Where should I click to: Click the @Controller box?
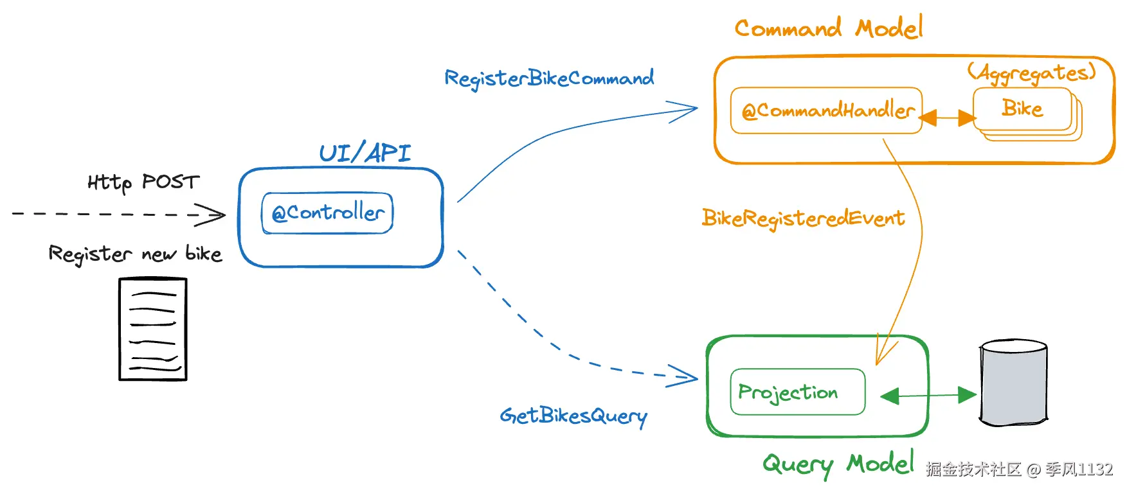point(327,213)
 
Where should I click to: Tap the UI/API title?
point(365,153)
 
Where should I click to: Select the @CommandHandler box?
point(827,110)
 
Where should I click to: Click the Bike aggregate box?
point(1022,109)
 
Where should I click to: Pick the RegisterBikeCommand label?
point(549,78)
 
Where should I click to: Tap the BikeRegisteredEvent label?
point(803,218)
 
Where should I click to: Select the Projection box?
point(797,392)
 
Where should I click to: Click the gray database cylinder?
point(1013,383)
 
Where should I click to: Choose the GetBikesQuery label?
point(573,416)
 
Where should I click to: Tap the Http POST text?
point(143,182)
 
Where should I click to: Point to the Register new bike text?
point(135,254)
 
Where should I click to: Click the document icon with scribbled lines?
point(153,329)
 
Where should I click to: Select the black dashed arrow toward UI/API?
point(116,214)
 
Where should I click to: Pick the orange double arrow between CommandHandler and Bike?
point(948,118)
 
